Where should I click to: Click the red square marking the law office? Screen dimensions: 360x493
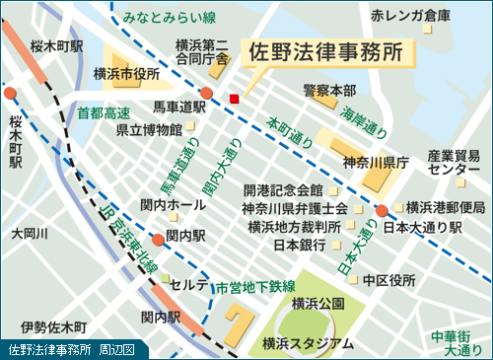(x=234, y=98)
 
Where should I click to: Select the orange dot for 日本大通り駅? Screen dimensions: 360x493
(x=382, y=210)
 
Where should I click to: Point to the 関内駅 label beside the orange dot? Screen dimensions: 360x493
(x=185, y=236)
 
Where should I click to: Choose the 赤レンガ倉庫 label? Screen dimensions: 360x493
(x=410, y=17)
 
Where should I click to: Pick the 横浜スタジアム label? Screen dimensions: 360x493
(x=308, y=342)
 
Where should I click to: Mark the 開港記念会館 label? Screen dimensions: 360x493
(x=282, y=189)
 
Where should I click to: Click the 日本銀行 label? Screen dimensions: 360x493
(x=299, y=244)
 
